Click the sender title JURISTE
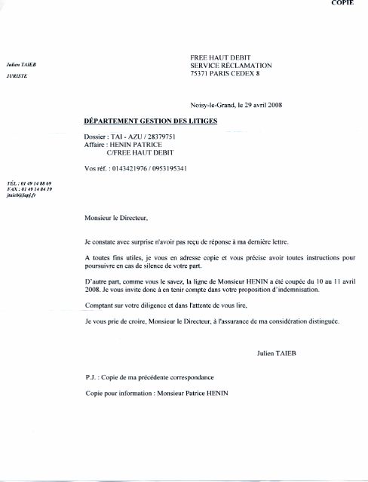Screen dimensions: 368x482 (17, 77)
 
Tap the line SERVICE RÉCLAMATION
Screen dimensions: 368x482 (230, 66)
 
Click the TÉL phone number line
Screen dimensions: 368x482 (29, 183)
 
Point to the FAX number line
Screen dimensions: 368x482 (29, 189)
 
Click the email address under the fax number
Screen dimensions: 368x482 (22, 194)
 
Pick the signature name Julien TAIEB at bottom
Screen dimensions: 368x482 (279, 351)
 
